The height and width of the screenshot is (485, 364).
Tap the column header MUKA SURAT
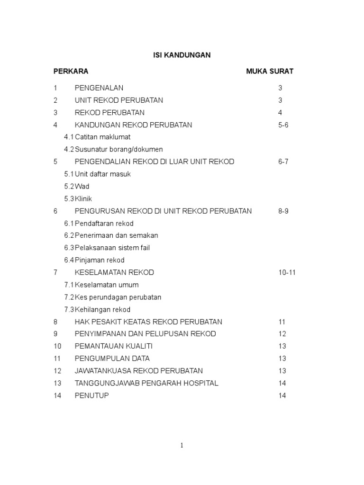[270, 72]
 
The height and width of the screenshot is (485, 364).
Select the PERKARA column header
[71, 72]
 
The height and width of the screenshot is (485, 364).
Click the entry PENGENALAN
[99, 88]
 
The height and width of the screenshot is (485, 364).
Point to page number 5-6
[283, 125]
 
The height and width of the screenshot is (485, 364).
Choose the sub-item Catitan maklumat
[102, 137]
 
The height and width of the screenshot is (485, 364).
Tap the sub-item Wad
[82, 187]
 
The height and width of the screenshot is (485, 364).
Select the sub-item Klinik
[83, 199]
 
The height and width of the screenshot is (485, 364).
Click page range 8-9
[283, 211]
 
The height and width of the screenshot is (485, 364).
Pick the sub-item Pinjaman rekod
[100, 260]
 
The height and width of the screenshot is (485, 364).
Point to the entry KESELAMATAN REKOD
[114, 273]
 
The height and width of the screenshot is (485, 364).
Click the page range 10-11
[287, 273]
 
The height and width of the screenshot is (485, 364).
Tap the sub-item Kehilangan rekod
[102, 310]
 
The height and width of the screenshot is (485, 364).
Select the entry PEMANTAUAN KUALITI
[114, 346]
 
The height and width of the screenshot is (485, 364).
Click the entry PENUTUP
[91, 395]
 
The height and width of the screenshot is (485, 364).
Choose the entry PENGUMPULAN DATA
[112, 359]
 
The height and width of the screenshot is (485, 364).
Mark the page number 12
[282, 334]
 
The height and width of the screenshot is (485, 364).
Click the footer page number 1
[182, 445]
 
